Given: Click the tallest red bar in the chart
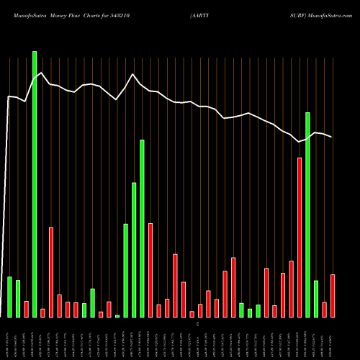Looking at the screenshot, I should pos(300,238).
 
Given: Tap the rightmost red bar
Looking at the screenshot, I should pos(333,296).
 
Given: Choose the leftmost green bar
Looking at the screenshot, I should pos(9,297).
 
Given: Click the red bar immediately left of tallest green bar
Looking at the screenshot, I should pos(26,309).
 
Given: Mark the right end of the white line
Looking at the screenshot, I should pos(332,137).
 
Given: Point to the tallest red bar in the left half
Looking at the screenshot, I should pos(51,272).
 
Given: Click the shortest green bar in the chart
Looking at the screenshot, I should pos(117,316).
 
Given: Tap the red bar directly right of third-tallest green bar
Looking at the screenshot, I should pos(150,270).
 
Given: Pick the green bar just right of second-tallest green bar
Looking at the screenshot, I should pos(316,299).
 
